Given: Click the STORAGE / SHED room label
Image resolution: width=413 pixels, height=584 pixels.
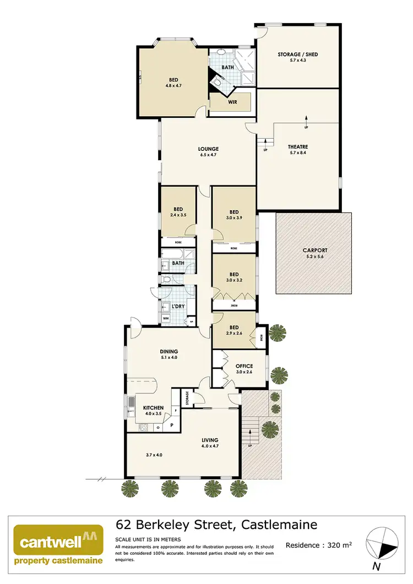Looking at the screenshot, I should tap(298, 54).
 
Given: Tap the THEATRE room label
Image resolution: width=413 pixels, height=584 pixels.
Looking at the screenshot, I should tap(297, 147).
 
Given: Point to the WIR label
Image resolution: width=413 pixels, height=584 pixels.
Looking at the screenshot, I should tap(232, 102).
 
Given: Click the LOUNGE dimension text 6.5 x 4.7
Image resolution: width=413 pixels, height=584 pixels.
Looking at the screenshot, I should tap(209, 155).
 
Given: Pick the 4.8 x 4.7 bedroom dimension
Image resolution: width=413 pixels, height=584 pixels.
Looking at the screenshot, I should tap(173, 86).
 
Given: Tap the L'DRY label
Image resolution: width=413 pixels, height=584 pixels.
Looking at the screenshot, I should tap(178, 306).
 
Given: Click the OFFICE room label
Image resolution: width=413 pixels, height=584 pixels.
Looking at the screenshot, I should tap(244, 366).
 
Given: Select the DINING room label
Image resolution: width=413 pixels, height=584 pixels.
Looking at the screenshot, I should tap(169, 352).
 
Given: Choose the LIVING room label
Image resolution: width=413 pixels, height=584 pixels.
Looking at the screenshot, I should tap(210, 440).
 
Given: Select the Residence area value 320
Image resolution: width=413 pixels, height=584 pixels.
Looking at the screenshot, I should tap(333, 545).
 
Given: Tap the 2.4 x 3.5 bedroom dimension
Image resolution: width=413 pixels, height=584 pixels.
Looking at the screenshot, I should tap(178, 216).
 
